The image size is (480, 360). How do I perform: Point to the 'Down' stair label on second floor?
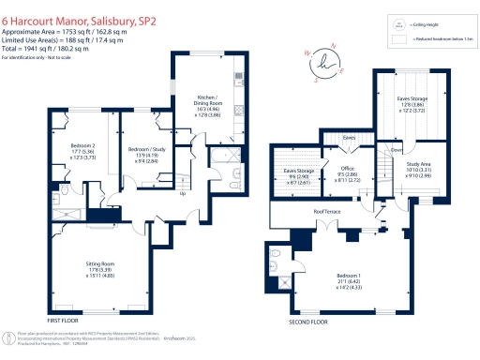(x=397, y=149)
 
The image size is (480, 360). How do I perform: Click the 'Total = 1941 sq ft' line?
(x=45, y=51)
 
